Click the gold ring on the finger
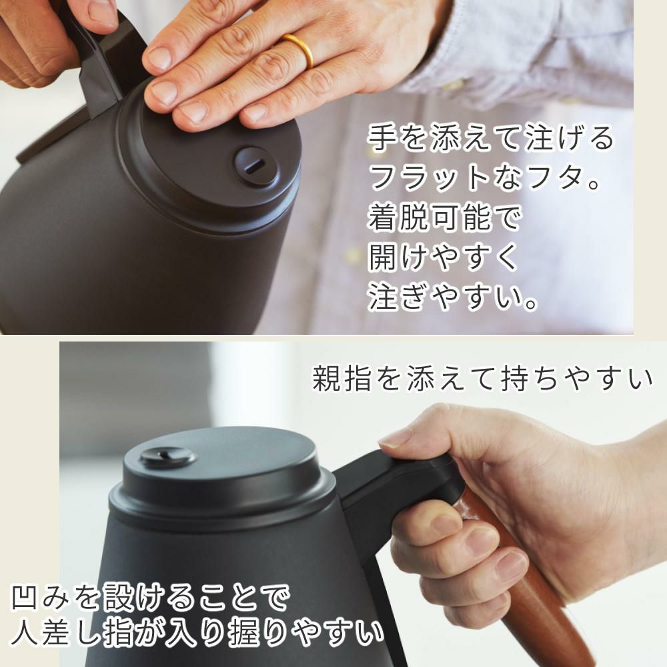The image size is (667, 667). click(x=300, y=50)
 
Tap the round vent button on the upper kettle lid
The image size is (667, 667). click(x=256, y=166)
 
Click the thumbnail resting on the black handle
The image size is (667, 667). click(x=396, y=438)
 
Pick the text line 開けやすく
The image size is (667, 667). click(x=444, y=257)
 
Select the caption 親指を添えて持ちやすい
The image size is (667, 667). click(x=482, y=379)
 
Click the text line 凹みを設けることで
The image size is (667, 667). click(x=150, y=598)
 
